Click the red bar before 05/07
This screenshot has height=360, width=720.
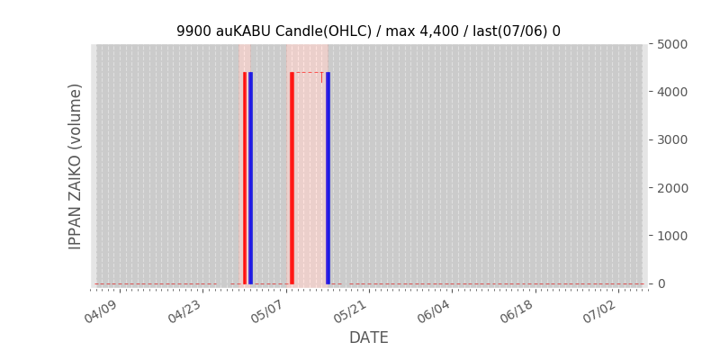click(245, 178)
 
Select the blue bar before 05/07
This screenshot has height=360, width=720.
click(250, 178)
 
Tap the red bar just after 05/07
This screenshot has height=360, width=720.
click(292, 178)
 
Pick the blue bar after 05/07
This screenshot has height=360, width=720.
click(328, 178)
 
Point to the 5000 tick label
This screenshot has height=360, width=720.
click(671, 44)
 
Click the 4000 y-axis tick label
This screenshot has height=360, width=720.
click(671, 92)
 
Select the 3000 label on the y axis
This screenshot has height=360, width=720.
click(671, 139)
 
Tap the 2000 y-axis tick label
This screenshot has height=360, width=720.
click(671, 188)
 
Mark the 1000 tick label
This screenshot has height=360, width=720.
click(671, 236)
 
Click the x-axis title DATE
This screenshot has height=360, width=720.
click(369, 337)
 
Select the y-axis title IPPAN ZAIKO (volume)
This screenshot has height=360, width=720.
click(75, 166)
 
